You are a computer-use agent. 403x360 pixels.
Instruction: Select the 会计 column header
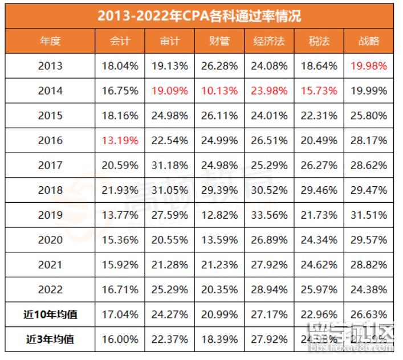click(120, 42)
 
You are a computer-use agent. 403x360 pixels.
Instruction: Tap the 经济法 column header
click(269, 42)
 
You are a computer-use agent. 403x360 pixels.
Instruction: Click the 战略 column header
click(369, 42)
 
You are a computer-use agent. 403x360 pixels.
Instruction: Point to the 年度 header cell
click(50, 42)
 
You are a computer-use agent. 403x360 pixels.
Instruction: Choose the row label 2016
click(50, 141)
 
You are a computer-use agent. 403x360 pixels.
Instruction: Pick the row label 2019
click(50, 215)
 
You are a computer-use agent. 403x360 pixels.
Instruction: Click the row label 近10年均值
click(50, 315)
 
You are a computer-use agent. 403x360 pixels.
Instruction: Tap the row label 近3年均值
click(50, 339)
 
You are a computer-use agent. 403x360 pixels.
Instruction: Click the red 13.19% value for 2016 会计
click(120, 141)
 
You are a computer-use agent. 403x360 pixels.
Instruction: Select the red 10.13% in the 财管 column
click(219, 91)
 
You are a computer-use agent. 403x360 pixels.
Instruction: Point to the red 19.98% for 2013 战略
click(369, 66)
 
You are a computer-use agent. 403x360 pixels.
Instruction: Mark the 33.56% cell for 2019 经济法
click(269, 215)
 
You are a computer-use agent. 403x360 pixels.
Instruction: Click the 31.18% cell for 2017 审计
click(170, 166)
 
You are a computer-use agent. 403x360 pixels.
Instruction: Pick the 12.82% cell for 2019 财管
click(219, 215)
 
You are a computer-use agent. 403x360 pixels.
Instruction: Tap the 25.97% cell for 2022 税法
click(319, 290)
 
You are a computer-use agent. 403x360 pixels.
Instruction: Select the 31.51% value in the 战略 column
click(369, 215)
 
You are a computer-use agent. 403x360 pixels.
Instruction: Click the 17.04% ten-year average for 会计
click(120, 315)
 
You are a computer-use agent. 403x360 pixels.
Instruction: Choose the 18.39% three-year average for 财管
click(219, 339)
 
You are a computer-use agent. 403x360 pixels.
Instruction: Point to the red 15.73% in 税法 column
click(319, 91)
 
